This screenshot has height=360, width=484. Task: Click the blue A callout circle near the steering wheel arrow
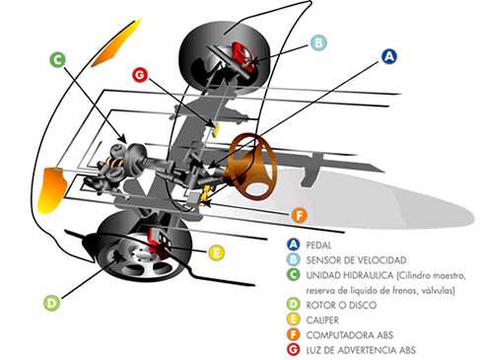389,56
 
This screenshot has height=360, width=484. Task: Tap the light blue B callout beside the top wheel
318,42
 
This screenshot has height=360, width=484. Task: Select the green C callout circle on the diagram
57,60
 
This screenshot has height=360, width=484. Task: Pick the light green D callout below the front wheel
51,303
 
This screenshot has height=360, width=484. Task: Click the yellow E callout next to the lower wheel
217,253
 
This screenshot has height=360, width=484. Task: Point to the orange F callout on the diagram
300,215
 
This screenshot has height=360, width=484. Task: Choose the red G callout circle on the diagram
140,75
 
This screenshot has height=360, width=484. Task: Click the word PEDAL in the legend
318,246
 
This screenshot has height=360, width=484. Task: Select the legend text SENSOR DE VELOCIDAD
356,260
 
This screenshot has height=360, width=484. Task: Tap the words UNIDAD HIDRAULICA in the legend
350,275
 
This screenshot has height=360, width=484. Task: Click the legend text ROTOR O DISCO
341,305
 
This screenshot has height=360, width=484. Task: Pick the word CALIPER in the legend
322,320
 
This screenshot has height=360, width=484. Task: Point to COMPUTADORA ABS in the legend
350,335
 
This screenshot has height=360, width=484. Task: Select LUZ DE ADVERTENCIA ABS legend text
361,350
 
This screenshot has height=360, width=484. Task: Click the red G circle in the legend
293,349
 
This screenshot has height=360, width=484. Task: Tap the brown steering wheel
251,167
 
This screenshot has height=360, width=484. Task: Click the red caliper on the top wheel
243,55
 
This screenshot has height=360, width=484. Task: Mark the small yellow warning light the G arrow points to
217,129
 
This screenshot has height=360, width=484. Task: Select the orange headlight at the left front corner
52,189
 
